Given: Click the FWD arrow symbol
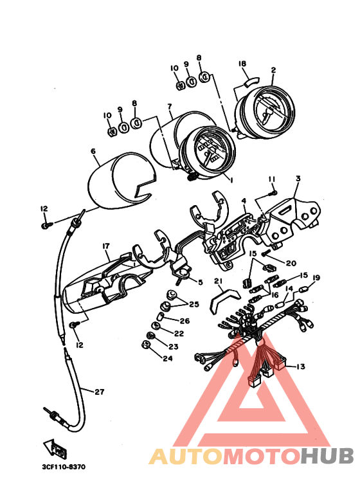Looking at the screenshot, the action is (55, 447).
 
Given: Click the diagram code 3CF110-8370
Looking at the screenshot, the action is (64, 467).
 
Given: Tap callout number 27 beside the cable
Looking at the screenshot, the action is (100, 392).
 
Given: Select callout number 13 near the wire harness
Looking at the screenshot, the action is (300, 366).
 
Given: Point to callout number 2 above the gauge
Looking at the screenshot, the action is (273, 70).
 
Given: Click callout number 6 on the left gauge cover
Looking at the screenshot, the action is (93, 151).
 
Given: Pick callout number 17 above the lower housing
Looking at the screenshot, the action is (105, 246).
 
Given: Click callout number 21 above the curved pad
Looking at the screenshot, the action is (218, 281).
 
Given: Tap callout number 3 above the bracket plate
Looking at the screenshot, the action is (298, 179).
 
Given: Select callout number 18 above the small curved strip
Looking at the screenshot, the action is (242, 64).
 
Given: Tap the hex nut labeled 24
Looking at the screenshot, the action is (145, 345).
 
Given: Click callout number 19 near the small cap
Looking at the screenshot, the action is (316, 278).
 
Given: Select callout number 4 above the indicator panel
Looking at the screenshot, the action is (244, 201).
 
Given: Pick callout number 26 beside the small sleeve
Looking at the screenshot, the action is (184, 321).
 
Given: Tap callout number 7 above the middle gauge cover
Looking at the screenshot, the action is (170, 107).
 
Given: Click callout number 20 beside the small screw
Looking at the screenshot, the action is (291, 263).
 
